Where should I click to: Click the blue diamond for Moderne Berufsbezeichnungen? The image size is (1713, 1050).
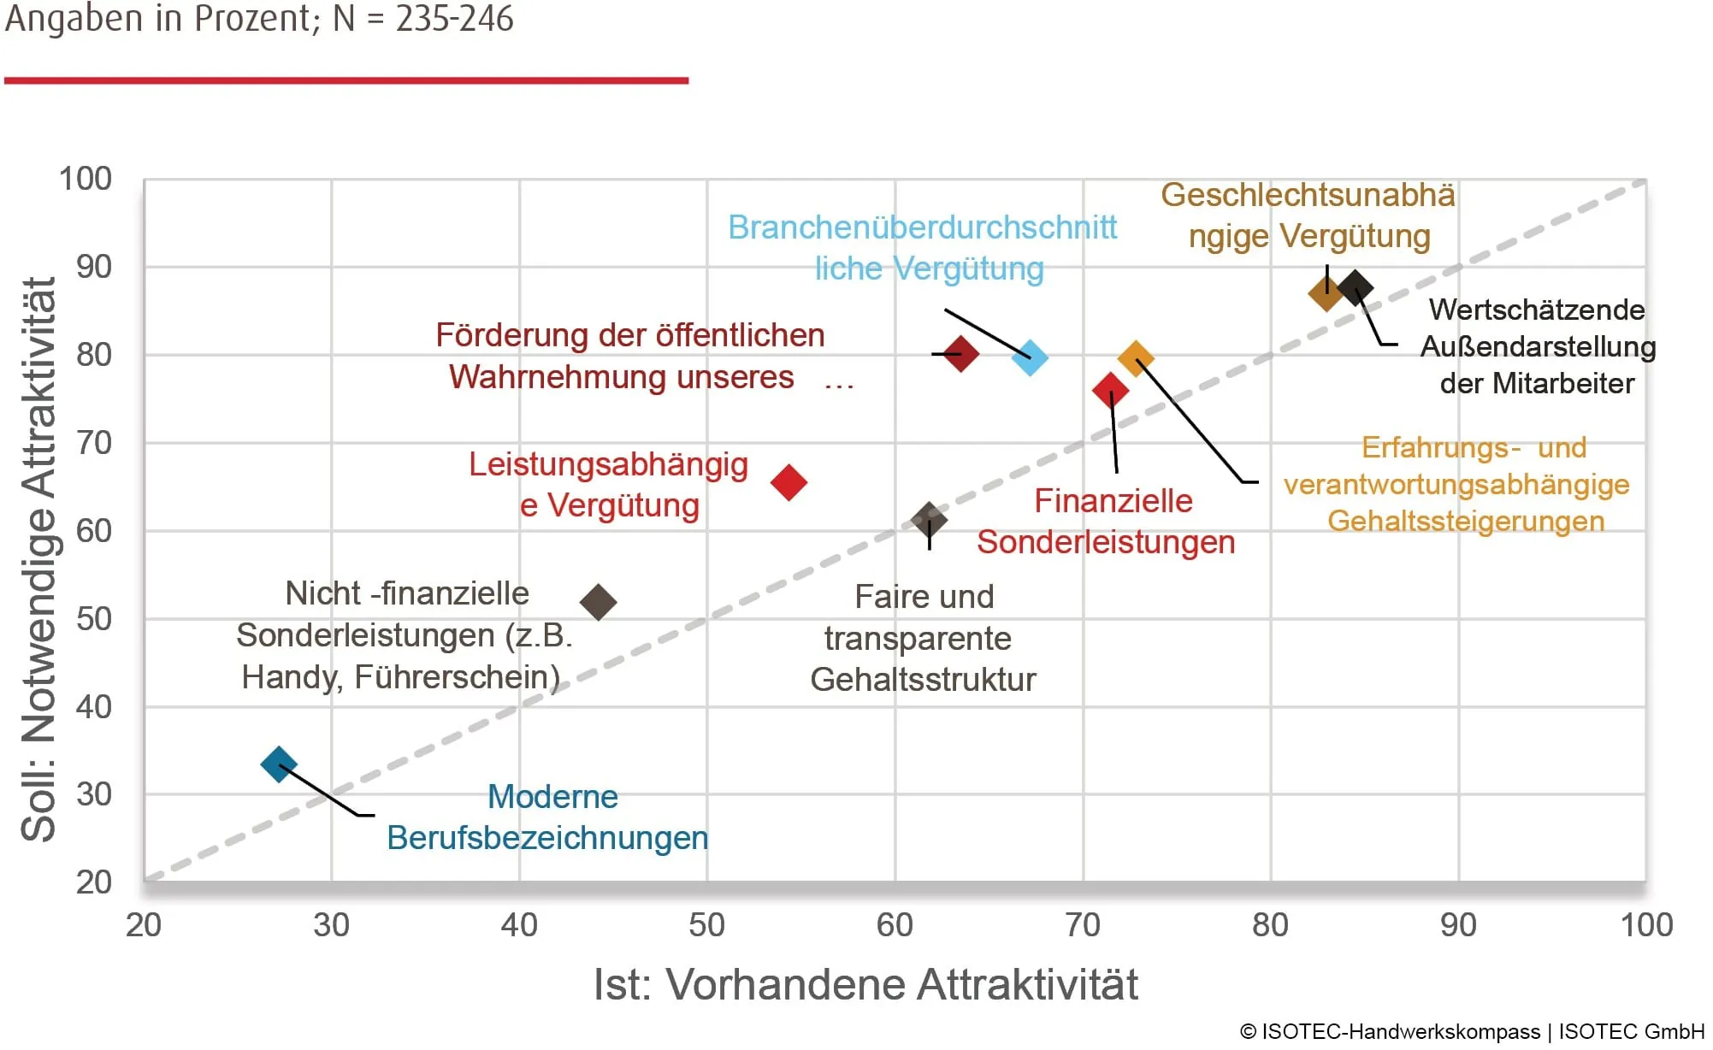(279, 764)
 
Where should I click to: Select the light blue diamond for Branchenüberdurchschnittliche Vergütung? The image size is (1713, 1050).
(1030, 357)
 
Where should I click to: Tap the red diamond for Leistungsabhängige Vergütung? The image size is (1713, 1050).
(789, 482)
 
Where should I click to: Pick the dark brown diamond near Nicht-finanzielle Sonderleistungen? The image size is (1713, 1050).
(598, 602)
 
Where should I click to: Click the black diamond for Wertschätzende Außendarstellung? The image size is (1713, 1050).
(1356, 287)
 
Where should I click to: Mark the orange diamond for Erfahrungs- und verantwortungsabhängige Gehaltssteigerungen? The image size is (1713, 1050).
(1136, 359)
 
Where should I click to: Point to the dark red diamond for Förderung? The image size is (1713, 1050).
(961, 353)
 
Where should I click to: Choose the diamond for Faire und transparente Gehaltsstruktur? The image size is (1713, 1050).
(930, 519)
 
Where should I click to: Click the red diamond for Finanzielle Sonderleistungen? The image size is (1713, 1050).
(1110, 391)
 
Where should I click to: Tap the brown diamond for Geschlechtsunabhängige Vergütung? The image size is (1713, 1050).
(1326, 294)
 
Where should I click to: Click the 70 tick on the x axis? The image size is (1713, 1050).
(1083, 925)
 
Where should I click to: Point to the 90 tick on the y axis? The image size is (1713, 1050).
(94, 267)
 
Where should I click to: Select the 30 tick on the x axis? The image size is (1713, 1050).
(331, 925)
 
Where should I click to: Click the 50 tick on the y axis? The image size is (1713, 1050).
(94, 619)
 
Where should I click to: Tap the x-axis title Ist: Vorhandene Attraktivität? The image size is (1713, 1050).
(865, 985)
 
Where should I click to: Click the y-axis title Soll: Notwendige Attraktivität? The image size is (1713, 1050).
(39, 559)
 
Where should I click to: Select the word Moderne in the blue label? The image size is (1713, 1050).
(552, 797)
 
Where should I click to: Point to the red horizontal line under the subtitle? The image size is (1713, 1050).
(346, 80)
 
